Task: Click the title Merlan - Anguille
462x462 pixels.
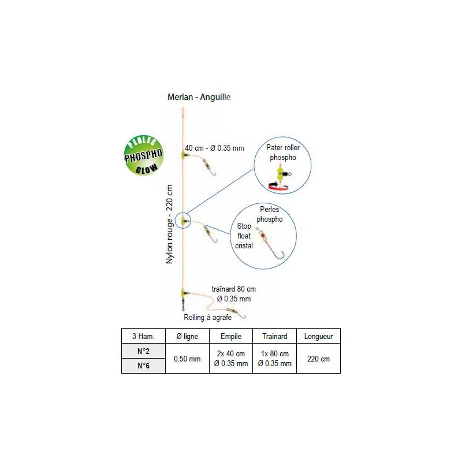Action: tap(199, 97)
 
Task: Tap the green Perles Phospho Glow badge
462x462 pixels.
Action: tap(143, 155)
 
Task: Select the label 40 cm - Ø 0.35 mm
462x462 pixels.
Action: tap(214, 148)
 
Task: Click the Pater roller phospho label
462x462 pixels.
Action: tap(283, 152)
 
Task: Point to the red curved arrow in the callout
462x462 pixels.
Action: tap(278, 187)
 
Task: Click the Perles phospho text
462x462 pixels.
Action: tap(269, 214)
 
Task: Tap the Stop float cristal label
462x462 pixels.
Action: tap(244, 236)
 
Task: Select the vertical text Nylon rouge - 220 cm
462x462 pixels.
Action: tap(169, 224)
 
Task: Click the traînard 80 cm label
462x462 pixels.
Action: tap(234, 289)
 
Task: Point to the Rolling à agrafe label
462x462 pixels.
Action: tap(207, 317)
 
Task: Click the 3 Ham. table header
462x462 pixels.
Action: tap(143, 336)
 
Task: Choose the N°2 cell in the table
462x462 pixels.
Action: tap(143, 351)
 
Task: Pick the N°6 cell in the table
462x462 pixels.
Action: tap(143, 366)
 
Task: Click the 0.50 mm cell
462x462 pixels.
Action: tap(187, 359)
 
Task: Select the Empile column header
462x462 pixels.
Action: tap(231, 336)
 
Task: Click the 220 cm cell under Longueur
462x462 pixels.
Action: tap(319, 359)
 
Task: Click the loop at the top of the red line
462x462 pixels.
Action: tap(182, 112)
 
